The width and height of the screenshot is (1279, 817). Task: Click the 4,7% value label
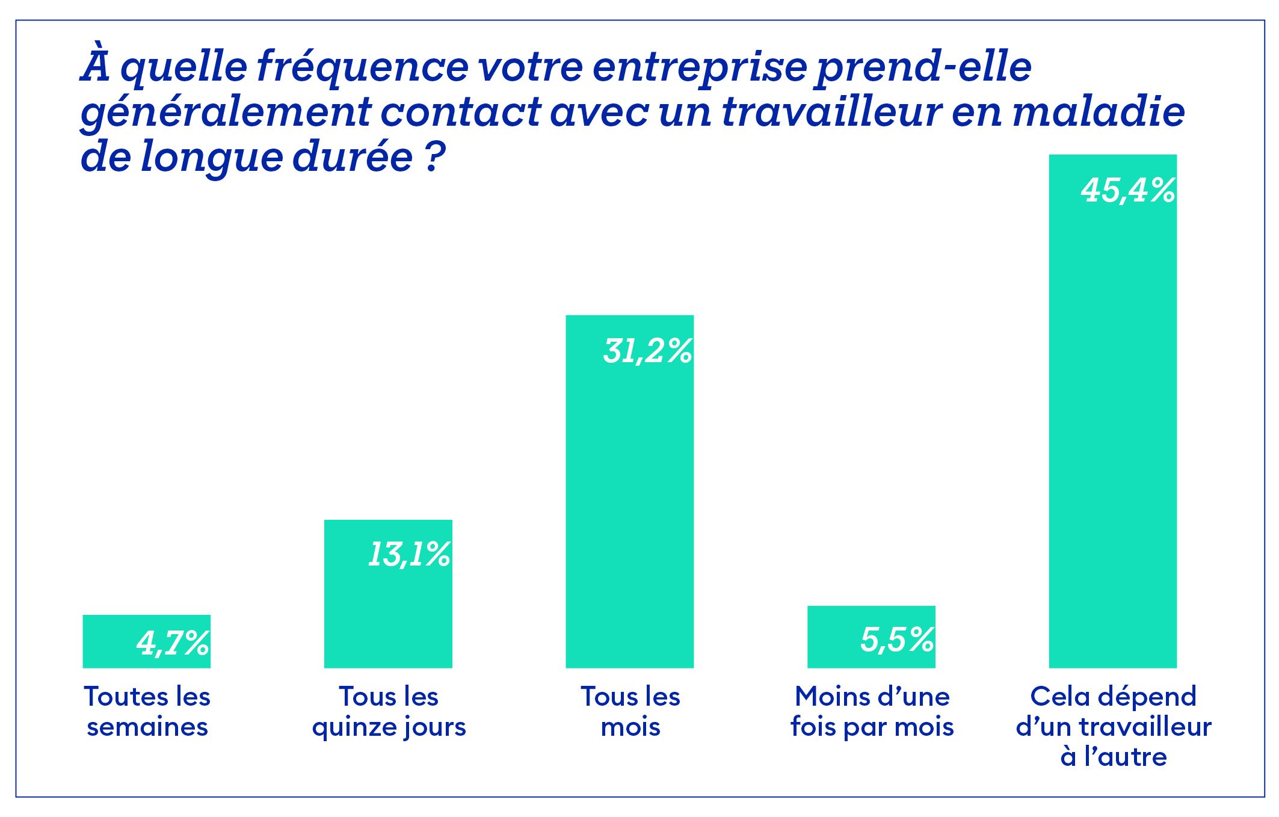(173, 643)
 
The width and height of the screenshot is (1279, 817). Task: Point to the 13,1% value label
(409, 554)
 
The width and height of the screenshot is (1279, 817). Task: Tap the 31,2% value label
(648, 351)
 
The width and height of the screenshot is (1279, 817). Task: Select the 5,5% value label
(897, 639)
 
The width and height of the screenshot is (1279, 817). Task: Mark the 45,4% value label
(1128, 190)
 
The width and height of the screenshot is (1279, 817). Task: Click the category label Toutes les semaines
(147, 712)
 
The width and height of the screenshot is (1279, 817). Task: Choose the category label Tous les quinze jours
(389, 712)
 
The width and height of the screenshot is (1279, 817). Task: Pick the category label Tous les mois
(630, 712)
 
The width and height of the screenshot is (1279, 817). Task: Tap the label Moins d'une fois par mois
(872, 712)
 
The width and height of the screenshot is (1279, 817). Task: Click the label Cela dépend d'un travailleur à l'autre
(1114, 726)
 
